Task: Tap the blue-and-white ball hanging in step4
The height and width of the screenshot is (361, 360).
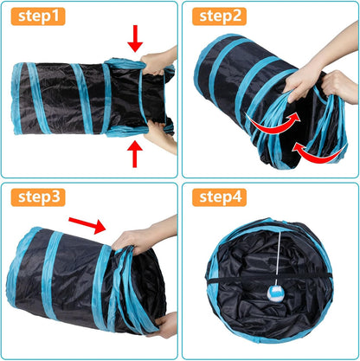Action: coord(285,319)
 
